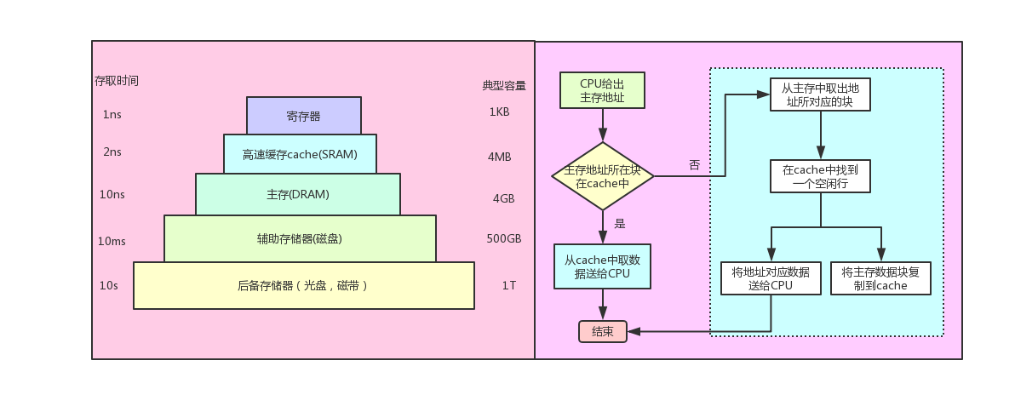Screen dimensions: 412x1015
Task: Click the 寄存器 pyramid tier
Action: tap(303, 116)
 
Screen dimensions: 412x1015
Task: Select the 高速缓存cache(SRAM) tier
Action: tap(299, 154)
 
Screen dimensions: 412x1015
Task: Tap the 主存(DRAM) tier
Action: tap(297, 194)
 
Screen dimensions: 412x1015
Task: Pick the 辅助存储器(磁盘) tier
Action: tap(300, 238)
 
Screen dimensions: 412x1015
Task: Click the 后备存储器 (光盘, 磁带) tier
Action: tap(303, 285)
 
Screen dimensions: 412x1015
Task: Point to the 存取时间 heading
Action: tap(116, 81)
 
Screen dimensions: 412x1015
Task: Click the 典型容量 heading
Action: tap(503, 85)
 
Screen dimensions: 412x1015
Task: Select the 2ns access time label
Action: tap(112, 153)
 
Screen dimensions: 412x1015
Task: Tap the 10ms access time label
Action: tap(112, 241)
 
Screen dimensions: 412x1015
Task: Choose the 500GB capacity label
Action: tap(503, 238)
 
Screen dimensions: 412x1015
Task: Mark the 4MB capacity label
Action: tap(500, 157)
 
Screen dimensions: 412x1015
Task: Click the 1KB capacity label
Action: tap(499, 112)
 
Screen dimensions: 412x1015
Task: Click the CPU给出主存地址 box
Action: tap(602, 90)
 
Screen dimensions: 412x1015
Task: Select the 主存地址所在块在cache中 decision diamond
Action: tap(602, 176)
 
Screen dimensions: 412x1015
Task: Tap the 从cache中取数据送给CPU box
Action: tap(602, 266)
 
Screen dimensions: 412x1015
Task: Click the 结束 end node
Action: tap(602, 332)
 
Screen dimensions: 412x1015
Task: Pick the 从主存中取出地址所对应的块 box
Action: tap(820, 94)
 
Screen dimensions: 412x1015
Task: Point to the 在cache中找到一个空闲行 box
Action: tap(820, 177)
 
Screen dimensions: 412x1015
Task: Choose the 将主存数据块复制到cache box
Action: tap(880, 278)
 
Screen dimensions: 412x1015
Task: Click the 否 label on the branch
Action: tap(694, 165)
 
